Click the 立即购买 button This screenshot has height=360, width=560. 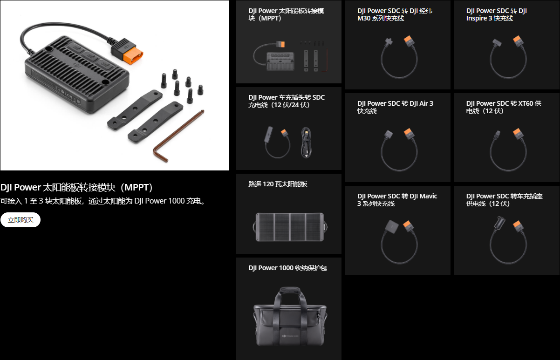[x=20, y=220]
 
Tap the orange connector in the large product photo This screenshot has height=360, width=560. [x=132, y=55]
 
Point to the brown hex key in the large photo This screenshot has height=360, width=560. [x=178, y=136]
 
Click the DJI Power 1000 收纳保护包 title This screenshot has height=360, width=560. [x=287, y=268]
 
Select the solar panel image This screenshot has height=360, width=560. [x=290, y=227]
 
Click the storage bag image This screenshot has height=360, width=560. [x=290, y=317]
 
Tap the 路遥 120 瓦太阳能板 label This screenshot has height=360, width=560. [x=278, y=184]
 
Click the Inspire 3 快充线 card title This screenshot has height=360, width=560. [x=496, y=14]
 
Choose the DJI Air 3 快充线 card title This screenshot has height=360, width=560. [x=395, y=107]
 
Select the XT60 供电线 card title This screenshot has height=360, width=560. [x=504, y=107]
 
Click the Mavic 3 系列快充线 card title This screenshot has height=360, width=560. [x=397, y=200]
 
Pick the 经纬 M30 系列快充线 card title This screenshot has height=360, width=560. [x=395, y=14]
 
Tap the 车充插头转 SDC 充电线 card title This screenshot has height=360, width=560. [x=286, y=101]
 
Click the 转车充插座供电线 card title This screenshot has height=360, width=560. [x=504, y=200]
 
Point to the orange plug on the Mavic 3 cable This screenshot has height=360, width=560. [x=408, y=225]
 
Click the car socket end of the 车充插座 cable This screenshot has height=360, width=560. [x=499, y=222]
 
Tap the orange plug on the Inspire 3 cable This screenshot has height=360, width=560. [x=518, y=41]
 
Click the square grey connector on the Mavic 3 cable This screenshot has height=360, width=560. [x=391, y=227]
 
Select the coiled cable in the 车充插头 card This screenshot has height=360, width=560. [x=306, y=143]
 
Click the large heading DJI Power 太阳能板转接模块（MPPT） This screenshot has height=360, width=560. [x=76, y=187]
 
